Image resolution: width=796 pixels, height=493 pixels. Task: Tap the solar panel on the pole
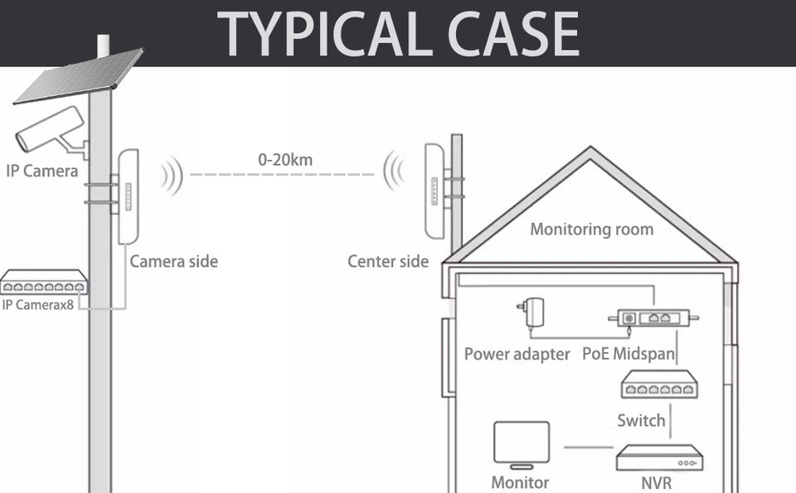pos(79,75)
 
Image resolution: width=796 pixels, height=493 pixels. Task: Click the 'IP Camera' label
pos(41,172)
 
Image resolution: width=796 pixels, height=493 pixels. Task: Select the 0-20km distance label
pos(285,160)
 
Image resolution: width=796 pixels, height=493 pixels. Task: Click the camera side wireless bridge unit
pos(127,196)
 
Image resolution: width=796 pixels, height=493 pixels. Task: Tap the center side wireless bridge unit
pos(434,190)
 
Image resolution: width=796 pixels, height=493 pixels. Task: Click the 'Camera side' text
pos(173,262)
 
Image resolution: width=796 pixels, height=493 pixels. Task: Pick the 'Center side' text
pos(388,262)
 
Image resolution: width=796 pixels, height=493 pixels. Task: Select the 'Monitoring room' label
pos(591,229)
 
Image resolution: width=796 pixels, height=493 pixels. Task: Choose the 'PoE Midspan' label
pos(628,354)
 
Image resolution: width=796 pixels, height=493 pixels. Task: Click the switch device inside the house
pos(659,385)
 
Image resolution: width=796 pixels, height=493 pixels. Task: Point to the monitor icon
pos(522,443)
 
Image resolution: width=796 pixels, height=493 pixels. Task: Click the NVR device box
pos(658,457)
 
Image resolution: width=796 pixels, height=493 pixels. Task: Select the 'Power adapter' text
pos(517,354)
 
